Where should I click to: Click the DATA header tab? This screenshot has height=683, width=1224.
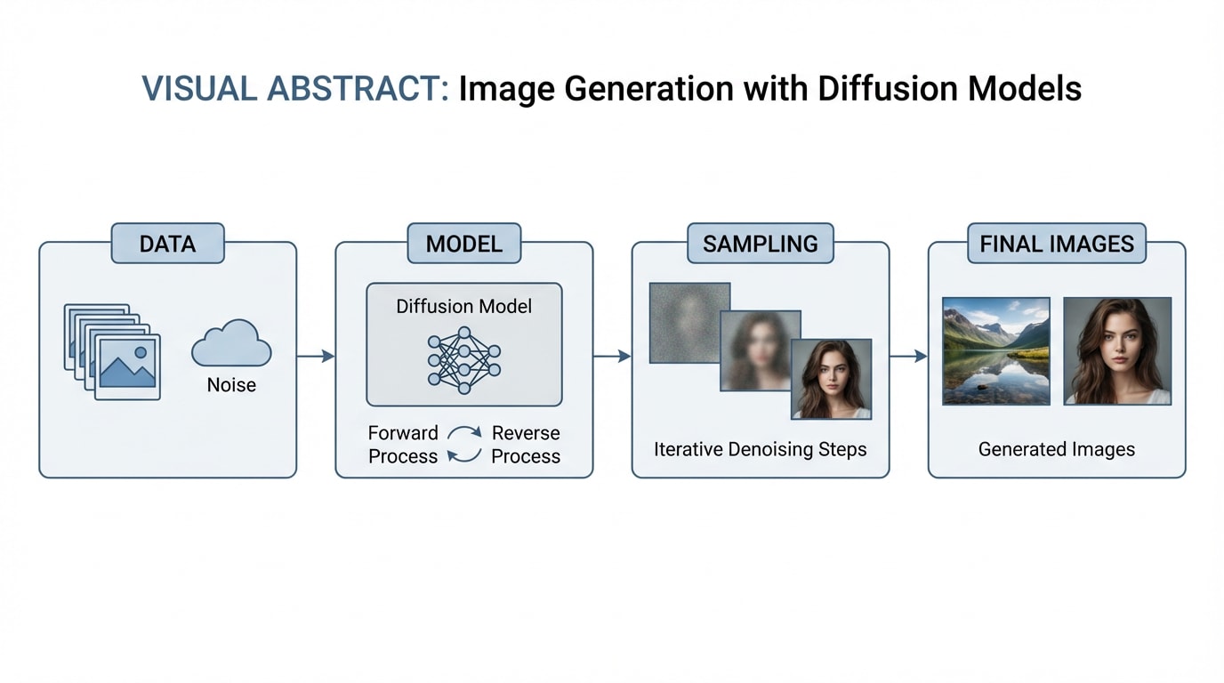(168, 243)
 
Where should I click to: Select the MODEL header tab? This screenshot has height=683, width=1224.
(464, 243)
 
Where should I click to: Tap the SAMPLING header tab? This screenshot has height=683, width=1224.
(760, 243)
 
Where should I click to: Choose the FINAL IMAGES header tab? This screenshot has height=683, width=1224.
(1057, 243)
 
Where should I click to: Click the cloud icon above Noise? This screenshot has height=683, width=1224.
(231, 343)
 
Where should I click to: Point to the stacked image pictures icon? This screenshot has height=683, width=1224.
(113, 352)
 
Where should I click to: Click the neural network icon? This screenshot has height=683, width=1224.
(464, 361)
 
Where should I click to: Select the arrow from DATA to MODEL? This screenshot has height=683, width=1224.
(316, 357)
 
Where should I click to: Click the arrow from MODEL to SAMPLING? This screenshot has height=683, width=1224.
(612, 357)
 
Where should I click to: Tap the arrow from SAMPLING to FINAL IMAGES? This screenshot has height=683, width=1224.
(908, 357)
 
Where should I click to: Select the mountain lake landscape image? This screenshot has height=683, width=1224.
(996, 350)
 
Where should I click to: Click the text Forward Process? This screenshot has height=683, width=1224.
(403, 445)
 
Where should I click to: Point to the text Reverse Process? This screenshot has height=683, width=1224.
(526, 445)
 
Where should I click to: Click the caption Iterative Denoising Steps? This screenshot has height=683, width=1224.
(760, 449)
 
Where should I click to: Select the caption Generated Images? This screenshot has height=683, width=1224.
(1056, 449)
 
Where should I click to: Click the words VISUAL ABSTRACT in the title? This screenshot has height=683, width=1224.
(295, 89)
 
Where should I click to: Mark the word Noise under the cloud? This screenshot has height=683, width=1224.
(231, 385)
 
